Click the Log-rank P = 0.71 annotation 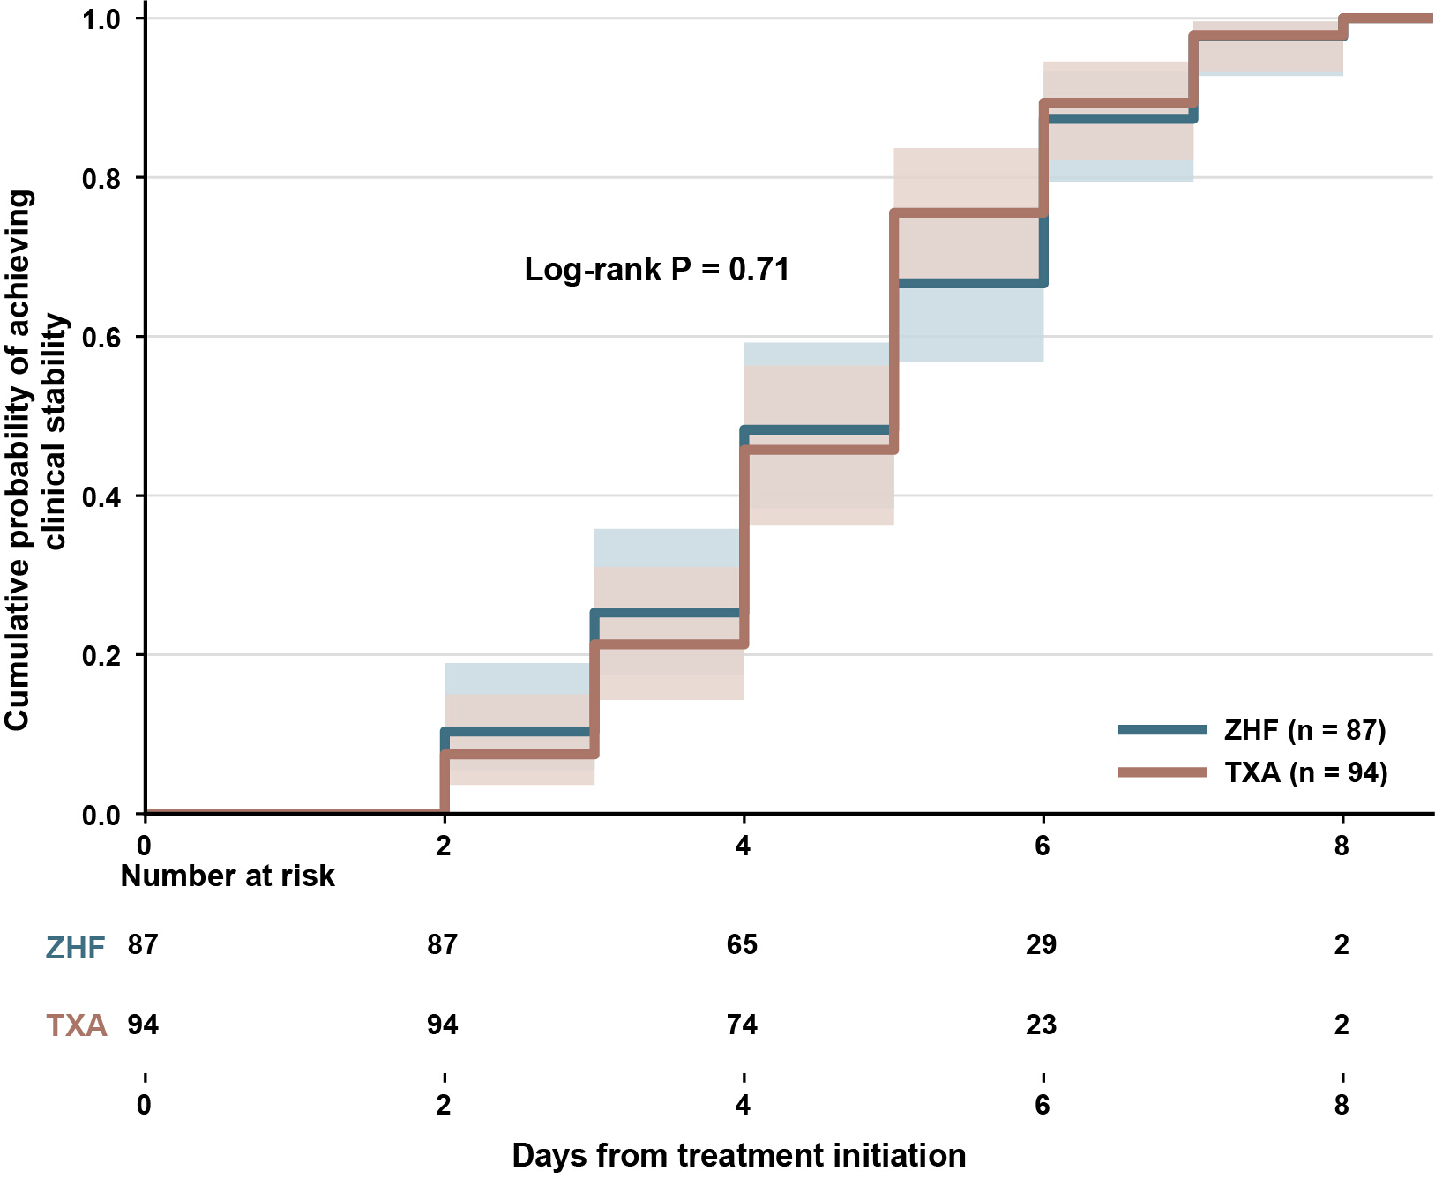[x=657, y=270]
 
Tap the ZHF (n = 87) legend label [x=1305, y=730]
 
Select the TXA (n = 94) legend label [x=1306, y=773]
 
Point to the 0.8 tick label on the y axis [x=101, y=178]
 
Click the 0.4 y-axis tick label [x=101, y=496]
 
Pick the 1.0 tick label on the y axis [x=101, y=19]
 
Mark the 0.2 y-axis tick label [x=101, y=655]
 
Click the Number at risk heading [x=228, y=876]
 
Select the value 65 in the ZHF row [x=743, y=944]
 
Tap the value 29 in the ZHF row [x=1042, y=944]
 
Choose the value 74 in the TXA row [x=743, y=1025]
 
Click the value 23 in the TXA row [x=1042, y=1025]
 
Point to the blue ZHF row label [x=76, y=948]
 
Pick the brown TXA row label [x=77, y=1025]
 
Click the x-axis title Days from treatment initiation [x=739, y=1155]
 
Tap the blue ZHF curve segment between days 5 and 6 [x=968, y=283]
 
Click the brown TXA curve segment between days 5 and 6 [x=968, y=213]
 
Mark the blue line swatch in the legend [x=1162, y=729]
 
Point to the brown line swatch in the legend [x=1162, y=772]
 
